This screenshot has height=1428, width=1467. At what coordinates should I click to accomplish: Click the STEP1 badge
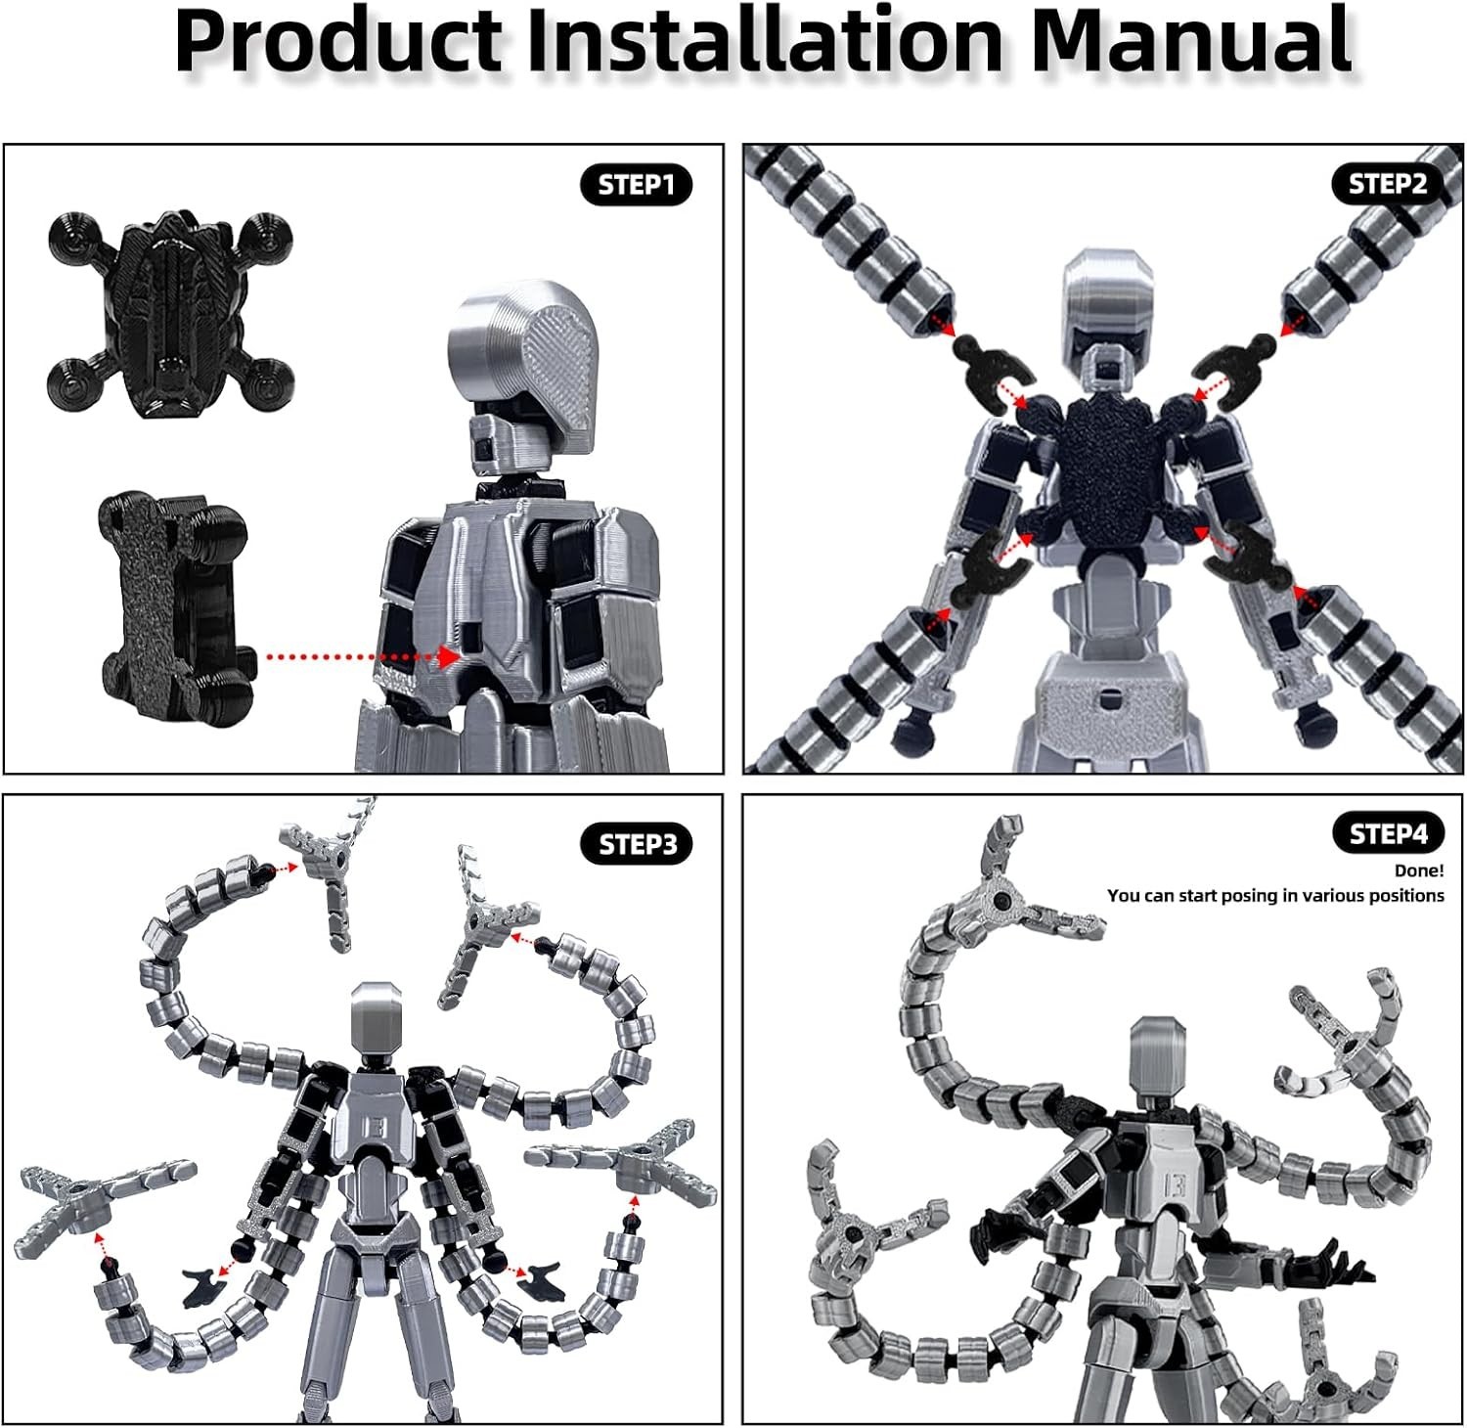pyautogui.click(x=637, y=185)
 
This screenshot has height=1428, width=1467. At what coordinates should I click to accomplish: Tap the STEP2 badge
pyautogui.click(x=1387, y=184)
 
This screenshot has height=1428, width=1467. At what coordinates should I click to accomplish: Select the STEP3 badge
pyautogui.click(x=637, y=844)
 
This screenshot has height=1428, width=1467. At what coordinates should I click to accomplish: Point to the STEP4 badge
pyautogui.click(x=1388, y=834)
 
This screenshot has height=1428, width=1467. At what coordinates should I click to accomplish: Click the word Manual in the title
pyautogui.click(x=1191, y=40)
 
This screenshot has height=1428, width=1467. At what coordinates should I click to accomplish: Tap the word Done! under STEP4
pyautogui.click(x=1419, y=870)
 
